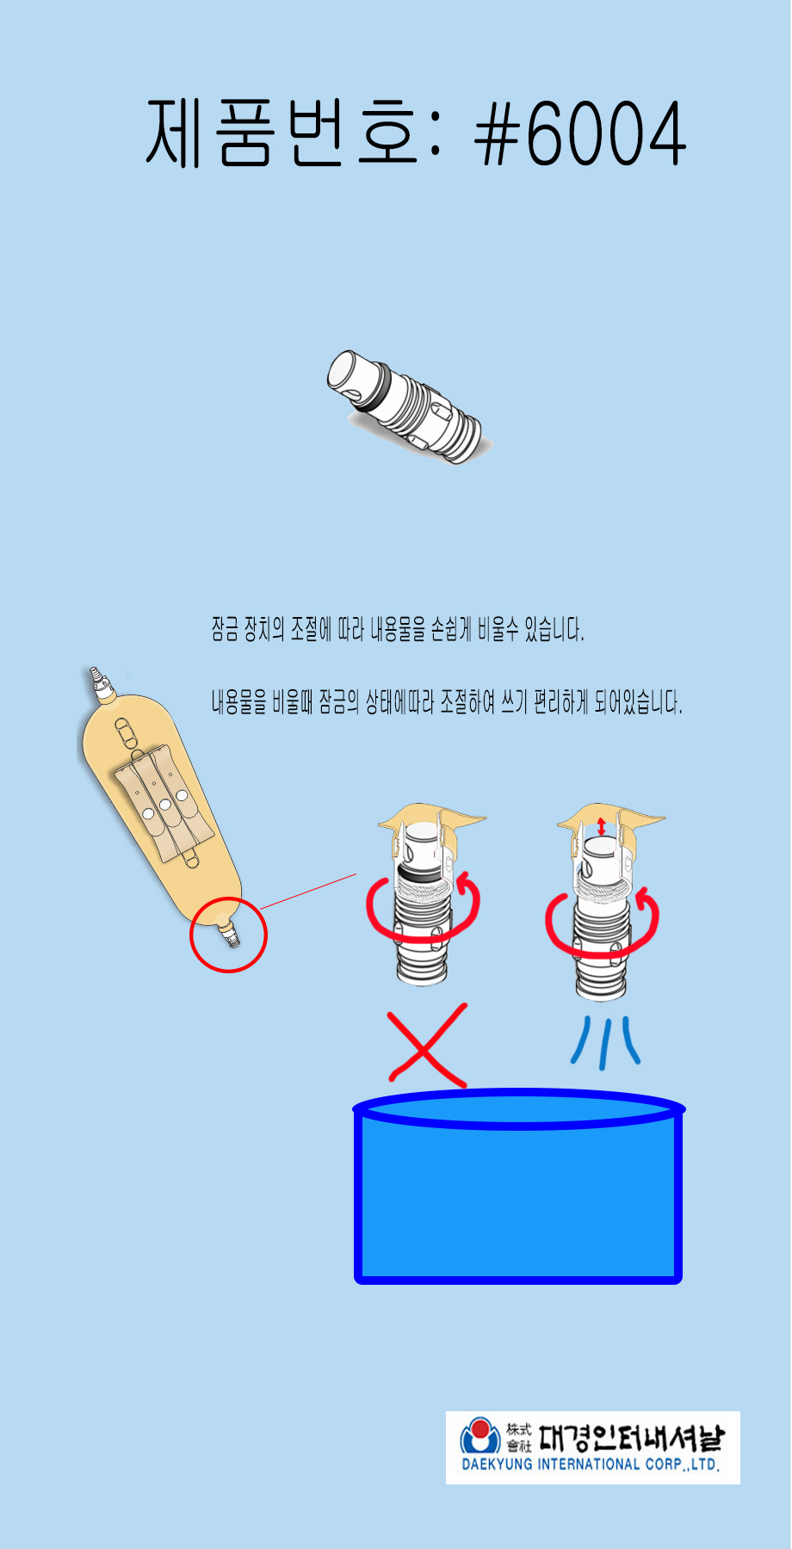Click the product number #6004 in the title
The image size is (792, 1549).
(581, 133)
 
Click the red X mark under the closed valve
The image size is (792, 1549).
(427, 1044)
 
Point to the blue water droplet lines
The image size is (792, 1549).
(605, 1042)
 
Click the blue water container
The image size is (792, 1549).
(519, 1188)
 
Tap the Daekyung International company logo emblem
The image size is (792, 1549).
(480, 1436)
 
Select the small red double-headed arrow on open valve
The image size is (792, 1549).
(601, 825)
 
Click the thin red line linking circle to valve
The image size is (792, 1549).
(307, 891)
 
